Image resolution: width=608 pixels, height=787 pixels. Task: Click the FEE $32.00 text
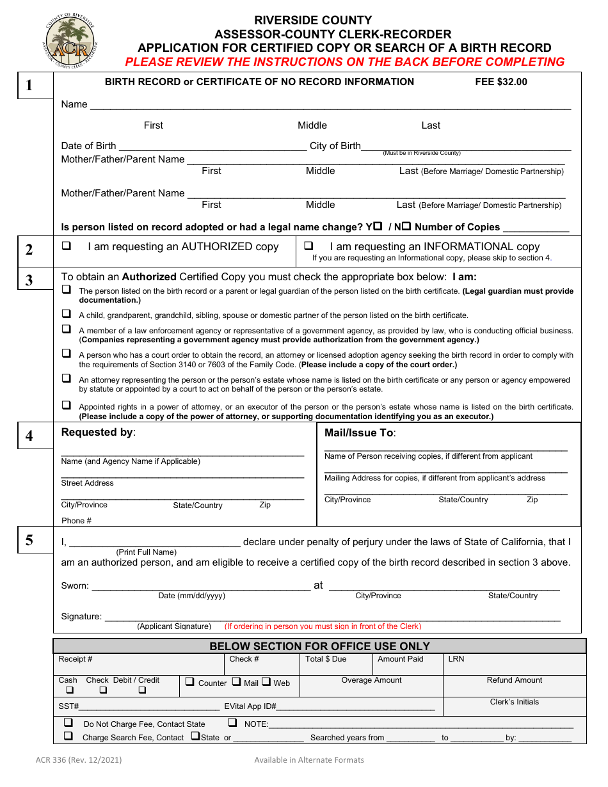[500, 82]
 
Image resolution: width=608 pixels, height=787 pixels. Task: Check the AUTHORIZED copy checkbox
[66, 246]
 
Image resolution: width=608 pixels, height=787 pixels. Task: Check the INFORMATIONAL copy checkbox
[308, 246]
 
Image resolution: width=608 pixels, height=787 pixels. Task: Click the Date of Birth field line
[212, 147]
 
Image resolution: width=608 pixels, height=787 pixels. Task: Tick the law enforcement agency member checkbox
[66, 329]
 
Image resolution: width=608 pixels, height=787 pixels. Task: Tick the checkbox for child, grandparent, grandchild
[66, 314]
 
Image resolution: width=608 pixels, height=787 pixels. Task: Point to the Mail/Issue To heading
[360, 433]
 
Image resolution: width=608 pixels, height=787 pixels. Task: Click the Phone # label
[76, 521]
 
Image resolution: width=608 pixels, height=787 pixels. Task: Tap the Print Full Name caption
[146, 552]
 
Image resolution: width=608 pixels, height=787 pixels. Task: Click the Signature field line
[332, 617]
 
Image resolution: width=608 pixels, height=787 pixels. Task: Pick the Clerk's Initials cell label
[515, 702]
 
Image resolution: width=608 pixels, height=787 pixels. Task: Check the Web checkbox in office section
[266, 682]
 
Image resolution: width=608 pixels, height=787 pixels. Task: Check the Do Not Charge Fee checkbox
[68, 722]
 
